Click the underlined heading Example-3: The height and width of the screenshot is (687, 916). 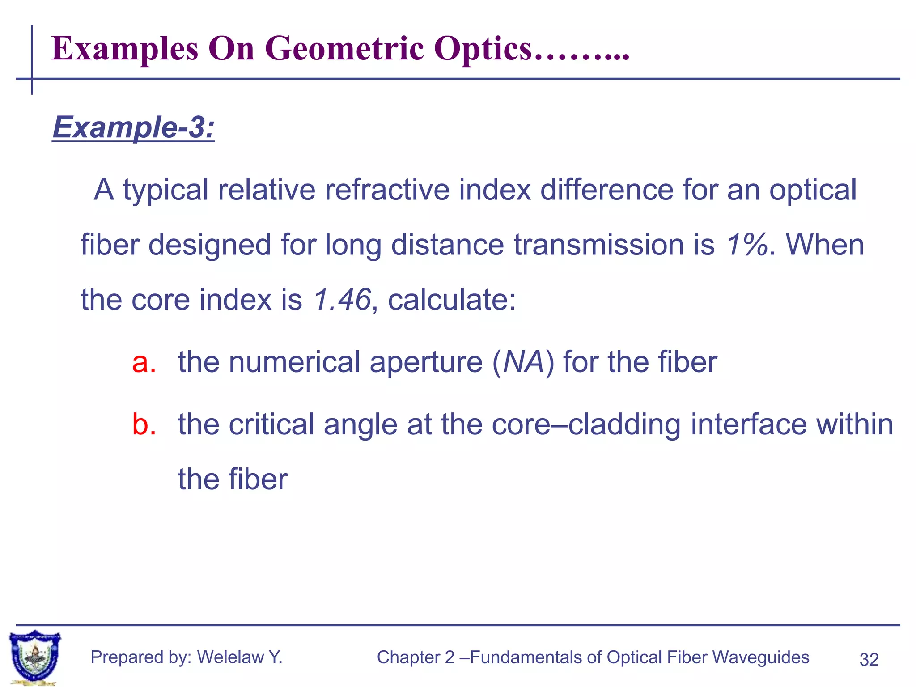click(x=133, y=127)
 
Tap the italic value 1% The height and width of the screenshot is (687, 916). click(x=746, y=245)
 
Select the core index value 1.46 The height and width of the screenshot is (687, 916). click(x=342, y=299)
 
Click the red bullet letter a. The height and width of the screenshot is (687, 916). click(x=144, y=362)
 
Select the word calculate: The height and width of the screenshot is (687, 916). click(x=452, y=299)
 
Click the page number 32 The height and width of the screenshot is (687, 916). click(x=869, y=660)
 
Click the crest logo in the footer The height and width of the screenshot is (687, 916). click(x=35, y=657)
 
